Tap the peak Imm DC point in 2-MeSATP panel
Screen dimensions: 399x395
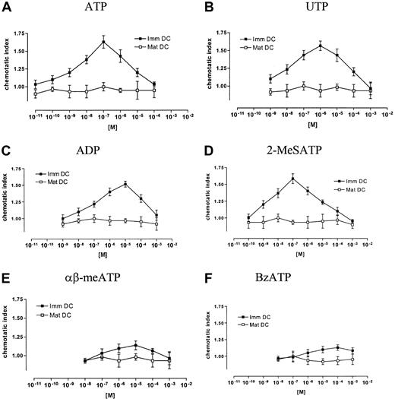coord(292,179)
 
